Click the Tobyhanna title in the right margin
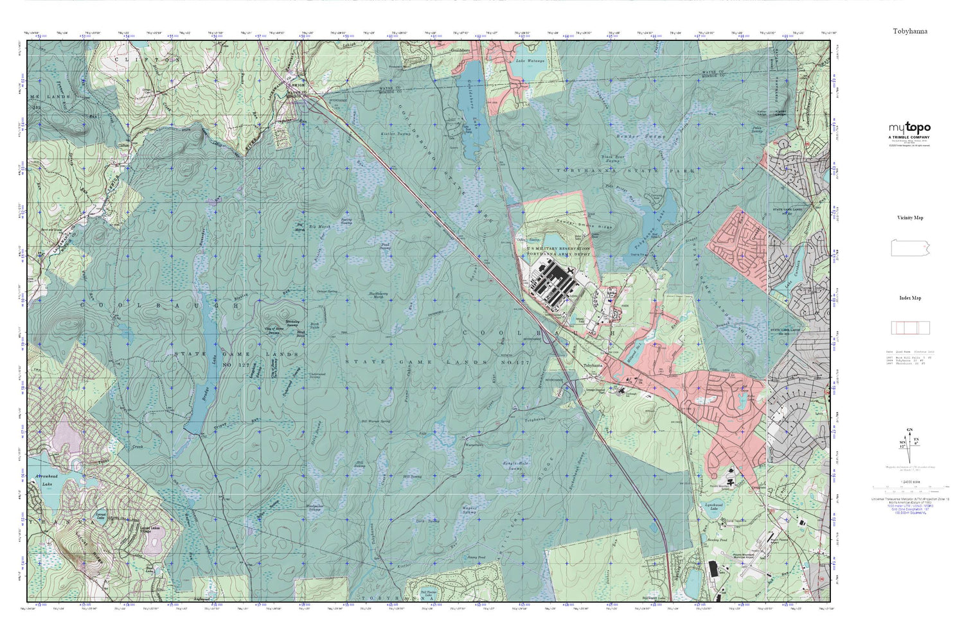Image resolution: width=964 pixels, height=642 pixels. coord(909,31)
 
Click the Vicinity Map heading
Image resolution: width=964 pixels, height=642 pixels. coord(910,218)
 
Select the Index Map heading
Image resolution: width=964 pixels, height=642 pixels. coord(910,298)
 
